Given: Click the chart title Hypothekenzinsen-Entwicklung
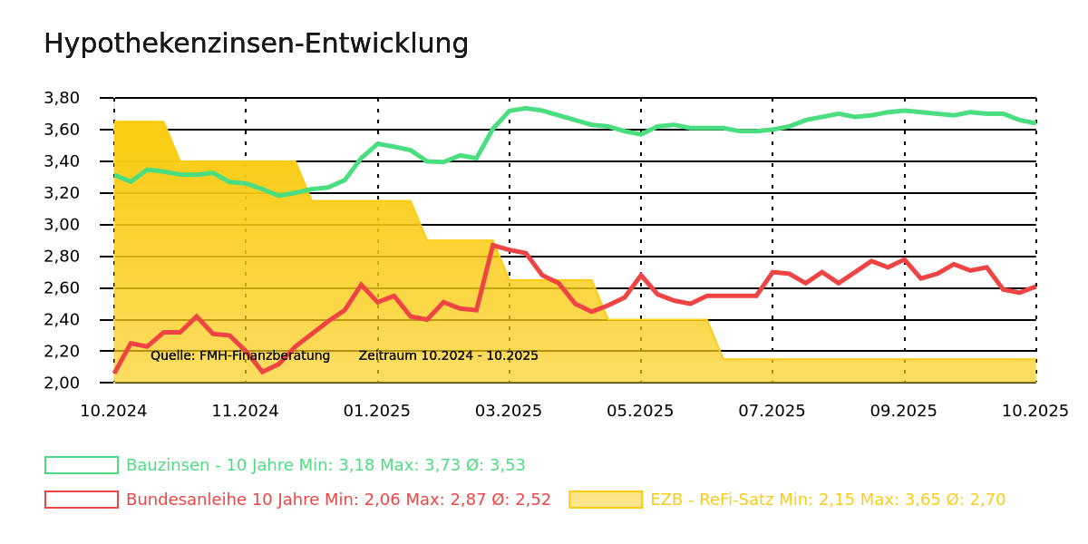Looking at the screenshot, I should [256, 44].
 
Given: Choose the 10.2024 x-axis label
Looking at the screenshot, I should [113, 412].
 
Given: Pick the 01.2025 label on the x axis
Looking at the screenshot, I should [377, 412].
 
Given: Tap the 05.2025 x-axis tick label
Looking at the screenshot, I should [640, 412].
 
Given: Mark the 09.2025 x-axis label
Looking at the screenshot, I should [903, 412].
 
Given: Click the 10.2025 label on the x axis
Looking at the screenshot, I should [1035, 412].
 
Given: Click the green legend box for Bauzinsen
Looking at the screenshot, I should [82, 465].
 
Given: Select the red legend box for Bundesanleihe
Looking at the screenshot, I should [82, 500].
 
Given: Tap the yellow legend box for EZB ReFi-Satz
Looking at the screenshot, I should [605, 500].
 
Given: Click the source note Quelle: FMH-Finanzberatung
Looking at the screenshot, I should [240, 355].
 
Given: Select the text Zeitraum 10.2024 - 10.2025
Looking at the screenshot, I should [448, 355].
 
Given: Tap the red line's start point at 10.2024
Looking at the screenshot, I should [114, 373].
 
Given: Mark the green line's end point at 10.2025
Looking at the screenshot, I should [1035, 123].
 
